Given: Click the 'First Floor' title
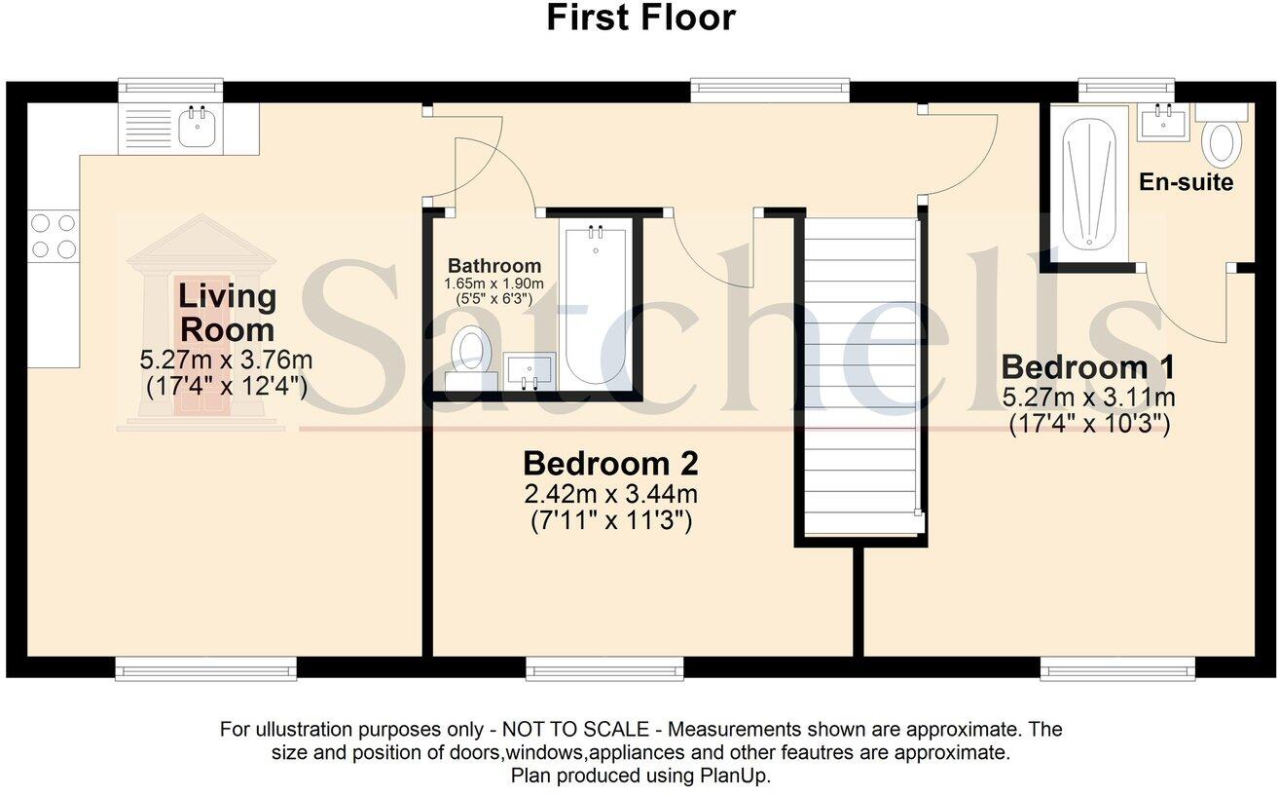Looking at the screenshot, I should (x=639, y=18).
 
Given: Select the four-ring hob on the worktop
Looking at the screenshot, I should (x=54, y=236).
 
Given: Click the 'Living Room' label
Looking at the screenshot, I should (x=226, y=312).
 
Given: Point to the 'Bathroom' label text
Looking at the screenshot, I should (x=494, y=266).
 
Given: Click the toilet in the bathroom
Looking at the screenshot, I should (x=471, y=352).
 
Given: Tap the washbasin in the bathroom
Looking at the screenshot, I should (x=530, y=371).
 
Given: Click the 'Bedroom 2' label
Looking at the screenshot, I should (x=610, y=462).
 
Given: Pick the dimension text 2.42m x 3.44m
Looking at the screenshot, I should (x=610, y=495).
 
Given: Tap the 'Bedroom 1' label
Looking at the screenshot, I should (x=1088, y=368).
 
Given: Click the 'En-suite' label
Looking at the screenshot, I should (x=1186, y=182).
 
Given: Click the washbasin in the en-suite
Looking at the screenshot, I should (x=1163, y=122).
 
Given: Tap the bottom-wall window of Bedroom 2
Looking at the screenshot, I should (x=604, y=667).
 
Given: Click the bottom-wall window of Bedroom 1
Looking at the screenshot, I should (x=1117, y=667).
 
